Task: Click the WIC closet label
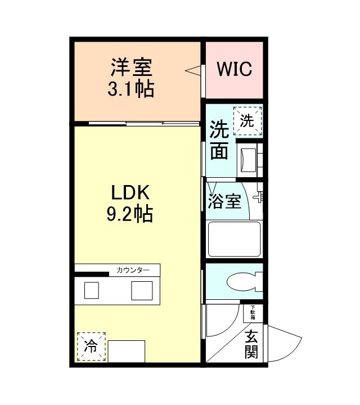(235, 70)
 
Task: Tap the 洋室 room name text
(132, 68)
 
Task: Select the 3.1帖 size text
(132, 89)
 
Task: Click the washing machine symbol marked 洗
(247, 120)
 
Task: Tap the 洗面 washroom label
(219, 141)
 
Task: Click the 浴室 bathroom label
(225, 201)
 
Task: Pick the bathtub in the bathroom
(234, 239)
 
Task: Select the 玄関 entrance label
(251, 344)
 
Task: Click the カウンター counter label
(133, 271)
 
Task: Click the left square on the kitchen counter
(92, 290)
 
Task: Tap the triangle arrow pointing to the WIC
(194, 71)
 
